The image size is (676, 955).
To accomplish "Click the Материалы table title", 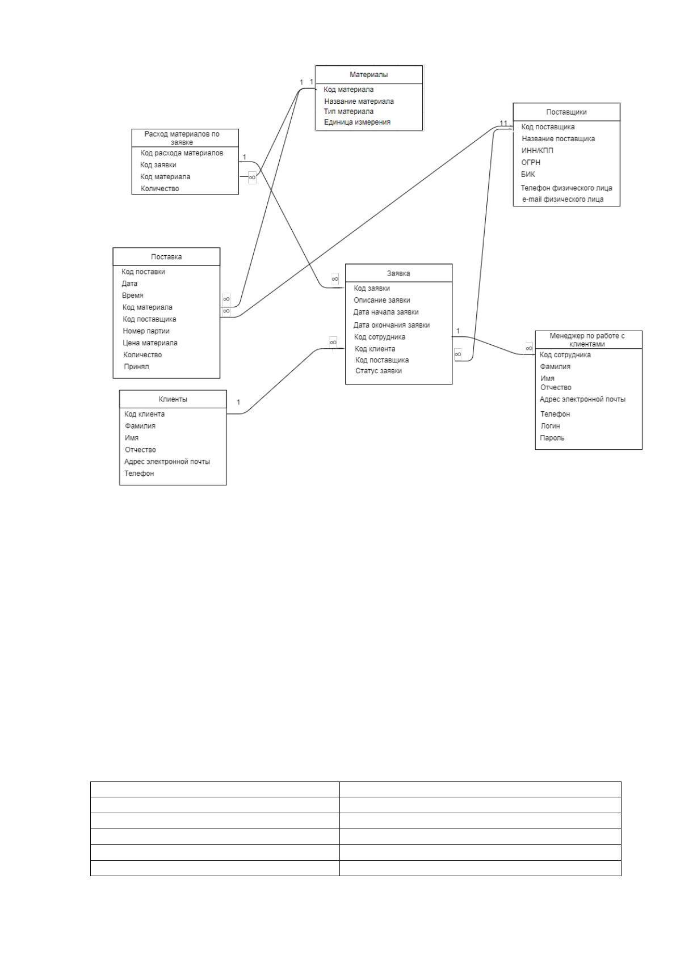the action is coord(369,75).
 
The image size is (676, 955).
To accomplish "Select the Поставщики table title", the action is coord(566,112).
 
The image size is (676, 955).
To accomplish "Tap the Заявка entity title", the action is coord(398,273).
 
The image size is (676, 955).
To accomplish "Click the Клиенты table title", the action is coord(173,399).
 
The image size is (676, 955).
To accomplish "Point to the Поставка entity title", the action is coord(166,257).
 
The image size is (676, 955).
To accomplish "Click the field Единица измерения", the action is coord(357,122).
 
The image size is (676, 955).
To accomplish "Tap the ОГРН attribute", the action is coord(531,162).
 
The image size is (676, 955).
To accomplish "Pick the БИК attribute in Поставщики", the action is coord(528,174).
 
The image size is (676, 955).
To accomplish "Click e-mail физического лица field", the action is coord(562,200).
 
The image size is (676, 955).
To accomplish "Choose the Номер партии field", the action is coord(146,331).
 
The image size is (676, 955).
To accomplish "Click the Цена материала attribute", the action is coord(150,343).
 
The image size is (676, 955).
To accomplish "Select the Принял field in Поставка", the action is coord(136,367).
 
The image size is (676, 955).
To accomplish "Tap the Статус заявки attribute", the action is coord(379,371).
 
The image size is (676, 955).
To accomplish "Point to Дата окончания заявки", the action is coord(391,326).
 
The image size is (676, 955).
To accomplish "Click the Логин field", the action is coord(550,426).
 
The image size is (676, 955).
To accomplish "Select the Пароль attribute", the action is coord(552,438).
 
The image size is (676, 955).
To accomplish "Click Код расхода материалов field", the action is coord(182,153).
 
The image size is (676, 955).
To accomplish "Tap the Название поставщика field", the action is coord(558,139).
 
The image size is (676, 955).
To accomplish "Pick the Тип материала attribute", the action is coord(349,112).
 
